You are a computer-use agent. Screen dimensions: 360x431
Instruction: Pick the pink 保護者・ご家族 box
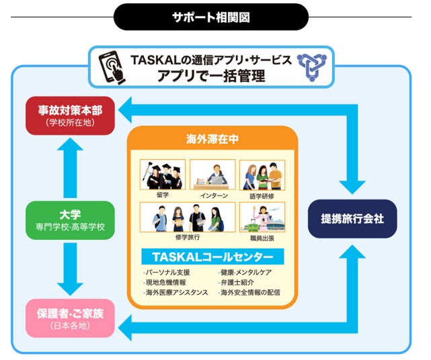[69, 318]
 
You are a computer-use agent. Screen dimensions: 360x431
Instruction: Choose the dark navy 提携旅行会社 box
[352, 219]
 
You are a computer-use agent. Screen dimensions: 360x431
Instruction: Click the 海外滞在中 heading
[212, 140]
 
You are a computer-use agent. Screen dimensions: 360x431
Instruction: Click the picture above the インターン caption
[212, 174]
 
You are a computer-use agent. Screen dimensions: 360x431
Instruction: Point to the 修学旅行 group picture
[187, 218]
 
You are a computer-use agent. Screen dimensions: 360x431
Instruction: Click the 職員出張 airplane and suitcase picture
[262, 218]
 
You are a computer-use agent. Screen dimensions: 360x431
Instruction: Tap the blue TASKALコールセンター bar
[212, 257]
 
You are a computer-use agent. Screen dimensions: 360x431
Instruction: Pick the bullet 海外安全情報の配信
[249, 293]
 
